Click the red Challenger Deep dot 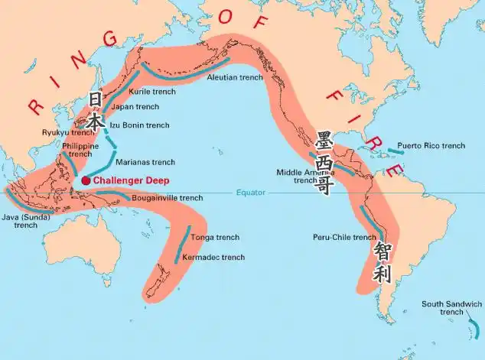point(86,180)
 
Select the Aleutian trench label point(235,77)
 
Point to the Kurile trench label point(152,92)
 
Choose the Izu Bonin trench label point(140,125)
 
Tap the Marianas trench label point(145,162)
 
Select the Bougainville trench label point(168,198)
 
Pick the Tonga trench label point(215,238)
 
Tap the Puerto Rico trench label point(431,145)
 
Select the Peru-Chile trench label point(344,237)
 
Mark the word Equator point(250,192)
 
